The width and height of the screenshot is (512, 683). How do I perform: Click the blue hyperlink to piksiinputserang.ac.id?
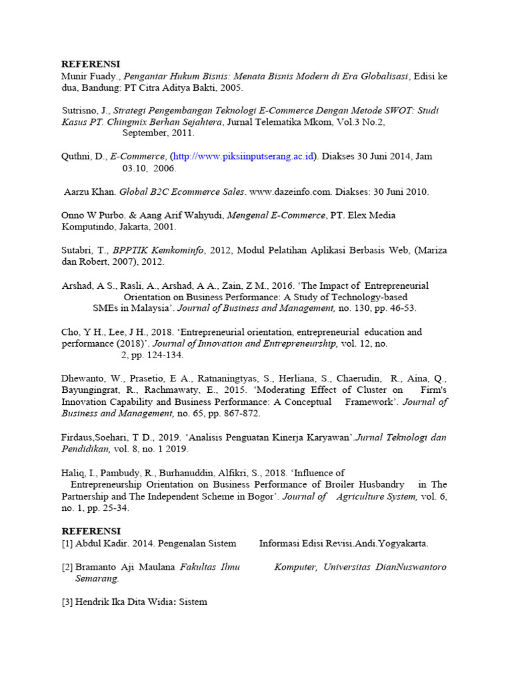243,157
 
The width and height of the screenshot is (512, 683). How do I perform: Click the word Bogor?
260,496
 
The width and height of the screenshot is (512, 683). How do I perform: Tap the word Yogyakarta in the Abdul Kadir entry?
403,544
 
